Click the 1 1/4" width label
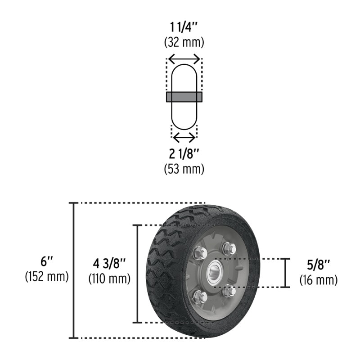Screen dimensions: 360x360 point(184,28)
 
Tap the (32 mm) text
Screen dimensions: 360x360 point(184,43)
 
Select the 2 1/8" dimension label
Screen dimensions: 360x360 point(184,154)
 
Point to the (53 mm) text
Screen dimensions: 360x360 point(184,169)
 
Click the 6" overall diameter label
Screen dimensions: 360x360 point(47,261)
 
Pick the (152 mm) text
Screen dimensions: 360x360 point(47,276)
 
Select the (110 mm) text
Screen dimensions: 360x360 point(110,279)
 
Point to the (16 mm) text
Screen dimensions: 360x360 point(318,280)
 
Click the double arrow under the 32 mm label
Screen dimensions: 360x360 point(184,59)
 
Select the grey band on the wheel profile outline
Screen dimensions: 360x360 point(184,97)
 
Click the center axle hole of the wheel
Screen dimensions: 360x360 point(216,273)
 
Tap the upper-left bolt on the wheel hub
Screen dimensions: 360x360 point(198,253)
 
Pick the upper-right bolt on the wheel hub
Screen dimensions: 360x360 point(229,248)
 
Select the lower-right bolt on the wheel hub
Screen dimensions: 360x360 point(229,291)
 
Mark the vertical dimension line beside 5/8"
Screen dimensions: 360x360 point(285,273)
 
